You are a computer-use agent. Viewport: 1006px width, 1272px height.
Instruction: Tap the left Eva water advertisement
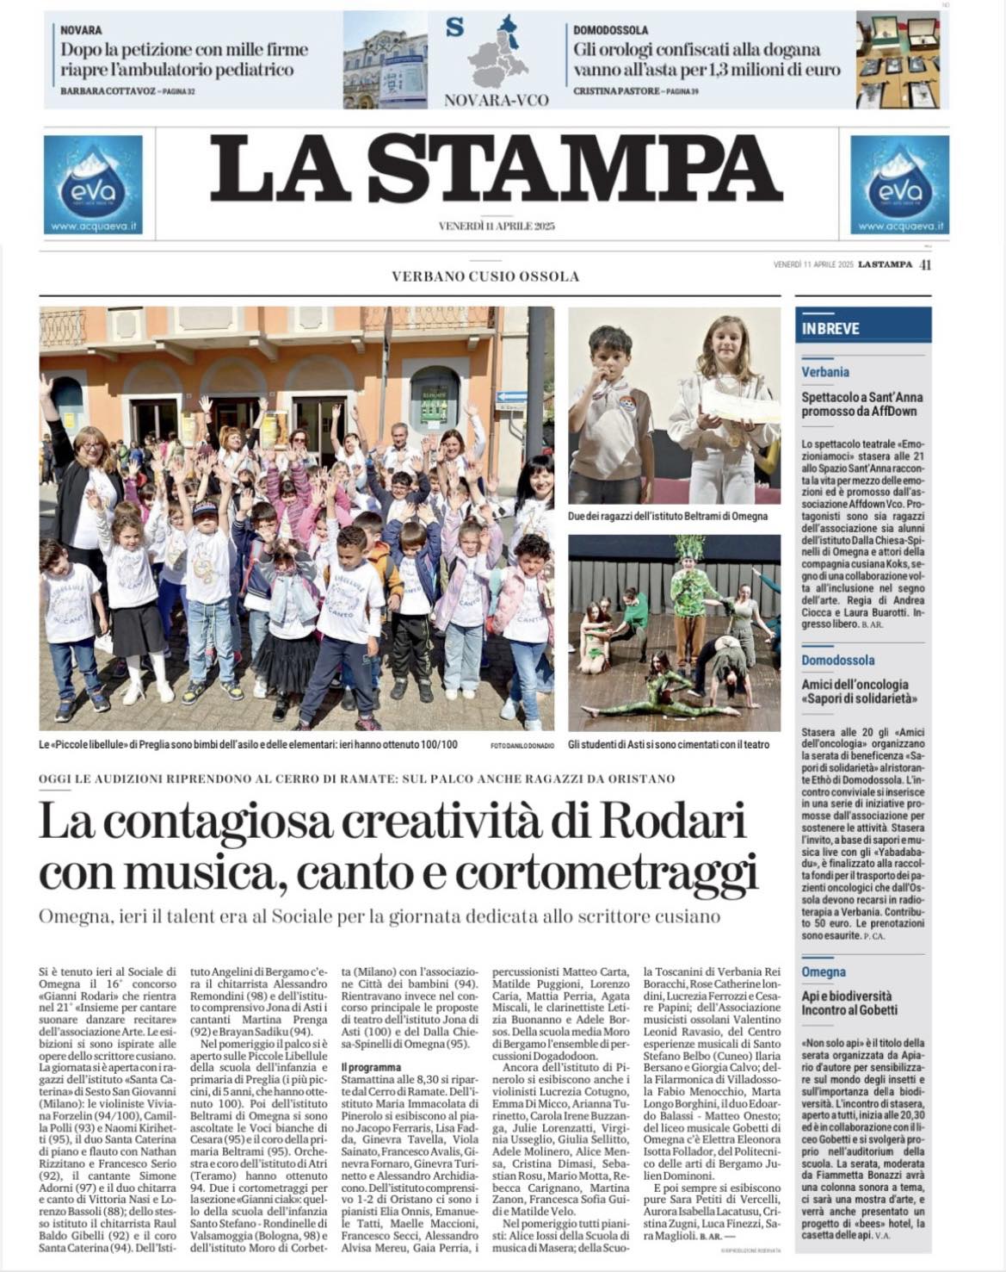(x=93, y=184)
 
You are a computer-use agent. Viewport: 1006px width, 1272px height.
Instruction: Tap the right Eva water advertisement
(x=899, y=184)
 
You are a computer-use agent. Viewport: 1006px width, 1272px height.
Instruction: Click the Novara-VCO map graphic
(x=497, y=53)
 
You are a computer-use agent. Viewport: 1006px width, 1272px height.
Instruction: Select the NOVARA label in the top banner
(x=81, y=30)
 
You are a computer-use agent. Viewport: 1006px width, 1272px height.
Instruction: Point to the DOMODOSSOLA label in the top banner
(x=610, y=30)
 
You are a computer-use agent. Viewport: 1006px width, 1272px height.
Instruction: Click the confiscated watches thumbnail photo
(x=898, y=59)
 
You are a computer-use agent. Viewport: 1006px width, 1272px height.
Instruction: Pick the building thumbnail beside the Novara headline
(x=385, y=59)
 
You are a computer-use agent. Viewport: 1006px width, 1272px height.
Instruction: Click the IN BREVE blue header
(x=830, y=328)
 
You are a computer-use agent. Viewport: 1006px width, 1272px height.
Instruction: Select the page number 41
(x=925, y=265)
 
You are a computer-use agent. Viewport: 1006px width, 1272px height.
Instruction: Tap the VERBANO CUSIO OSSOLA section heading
(x=485, y=276)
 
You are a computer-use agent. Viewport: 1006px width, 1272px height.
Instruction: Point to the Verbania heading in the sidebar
(x=825, y=372)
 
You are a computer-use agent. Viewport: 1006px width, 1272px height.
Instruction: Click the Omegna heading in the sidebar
(x=824, y=972)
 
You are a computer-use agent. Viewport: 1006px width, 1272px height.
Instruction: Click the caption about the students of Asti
(x=669, y=744)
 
